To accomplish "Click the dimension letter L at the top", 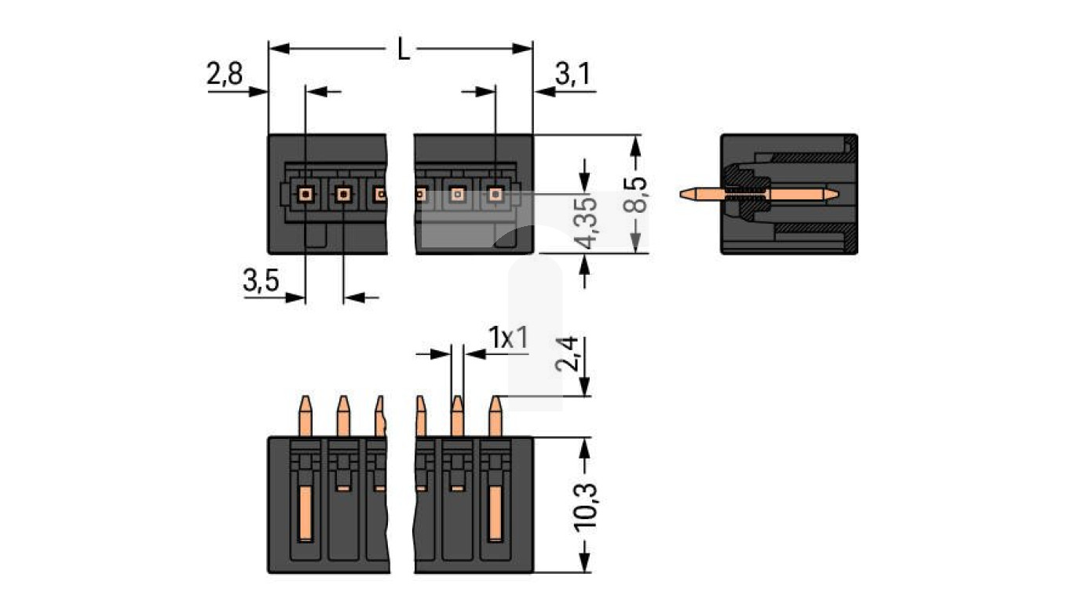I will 402,49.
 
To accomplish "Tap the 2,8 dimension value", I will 225,75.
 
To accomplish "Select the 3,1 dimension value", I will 572,75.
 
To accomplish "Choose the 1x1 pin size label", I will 508,338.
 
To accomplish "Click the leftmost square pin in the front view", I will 305,192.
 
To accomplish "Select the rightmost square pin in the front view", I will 495,192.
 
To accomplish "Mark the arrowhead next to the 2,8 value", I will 259,92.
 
